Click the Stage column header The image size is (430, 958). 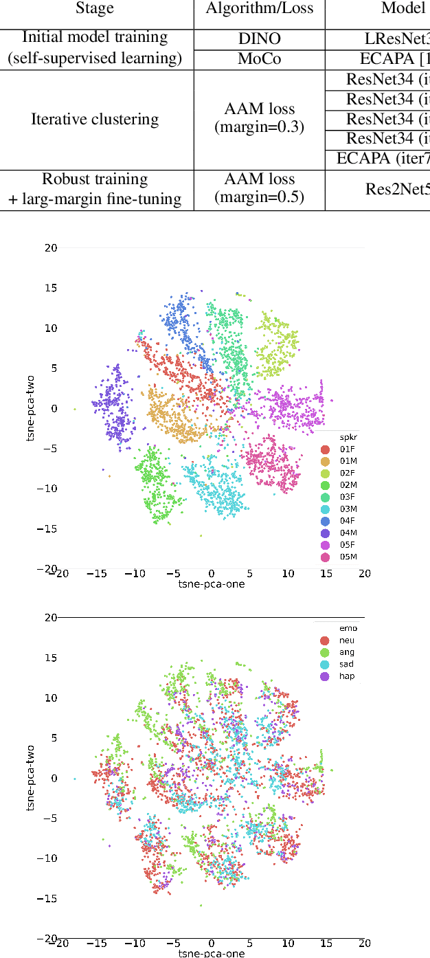point(95,10)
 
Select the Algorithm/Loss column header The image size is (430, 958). point(259,10)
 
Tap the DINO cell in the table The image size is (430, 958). point(259,39)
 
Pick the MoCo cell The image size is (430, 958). point(259,60)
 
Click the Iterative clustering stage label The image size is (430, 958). point(95,120)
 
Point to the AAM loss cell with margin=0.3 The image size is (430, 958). point(259,119)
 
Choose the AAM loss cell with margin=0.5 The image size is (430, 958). point(259,189)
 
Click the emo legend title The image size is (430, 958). point(348,628)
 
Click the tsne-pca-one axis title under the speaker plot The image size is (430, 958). point(211,583)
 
